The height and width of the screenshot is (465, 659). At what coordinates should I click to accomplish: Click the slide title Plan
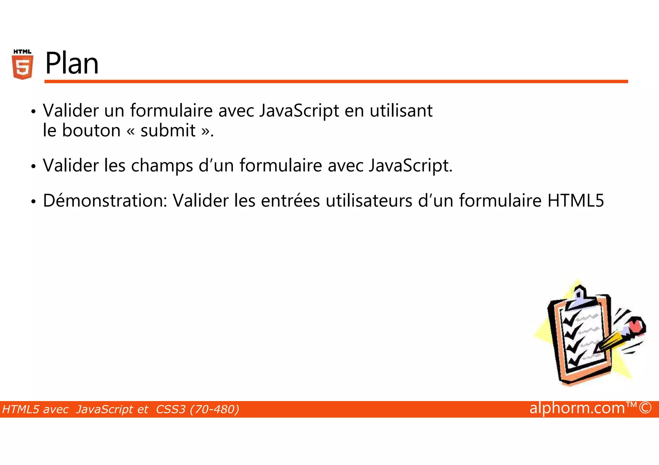72,63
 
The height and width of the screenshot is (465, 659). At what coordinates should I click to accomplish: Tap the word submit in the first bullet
168,130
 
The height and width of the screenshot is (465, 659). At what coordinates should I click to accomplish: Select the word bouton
91,130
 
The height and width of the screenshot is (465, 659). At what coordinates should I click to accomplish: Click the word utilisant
401,111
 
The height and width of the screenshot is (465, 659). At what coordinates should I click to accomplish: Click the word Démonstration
105,201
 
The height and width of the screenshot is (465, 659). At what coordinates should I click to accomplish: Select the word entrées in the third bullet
290,201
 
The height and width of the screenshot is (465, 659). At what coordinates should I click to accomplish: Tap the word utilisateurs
369,201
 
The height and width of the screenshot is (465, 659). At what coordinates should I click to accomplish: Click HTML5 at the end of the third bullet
576,201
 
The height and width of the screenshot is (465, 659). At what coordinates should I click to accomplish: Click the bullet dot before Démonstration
33,202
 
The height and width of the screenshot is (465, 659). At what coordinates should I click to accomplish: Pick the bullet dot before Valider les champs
33,167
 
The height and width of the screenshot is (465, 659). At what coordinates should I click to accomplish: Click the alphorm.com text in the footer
577,408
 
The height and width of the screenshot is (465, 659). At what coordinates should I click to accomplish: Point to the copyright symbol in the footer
645,408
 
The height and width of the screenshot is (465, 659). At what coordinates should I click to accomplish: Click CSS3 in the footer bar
171,409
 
